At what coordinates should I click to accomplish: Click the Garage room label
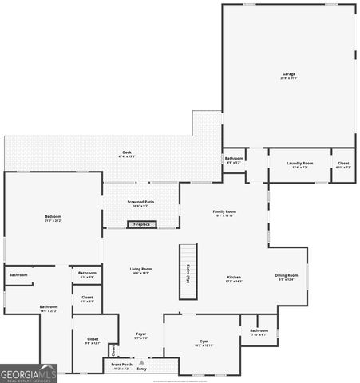click(288, 76)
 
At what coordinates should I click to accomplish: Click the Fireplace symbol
click(141, 225)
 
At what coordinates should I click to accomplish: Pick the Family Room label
click(224, 213)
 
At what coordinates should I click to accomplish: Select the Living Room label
click(141, 270)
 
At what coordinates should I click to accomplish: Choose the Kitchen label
click(234, 279)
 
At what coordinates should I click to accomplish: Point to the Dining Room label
click(287, 277)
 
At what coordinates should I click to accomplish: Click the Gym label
click(204, 343)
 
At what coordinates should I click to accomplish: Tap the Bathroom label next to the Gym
click(259, 332)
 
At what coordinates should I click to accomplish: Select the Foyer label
click(140, 335)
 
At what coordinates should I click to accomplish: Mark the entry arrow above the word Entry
click(141, 361)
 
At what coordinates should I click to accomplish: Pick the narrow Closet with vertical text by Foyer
click(113, 349)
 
